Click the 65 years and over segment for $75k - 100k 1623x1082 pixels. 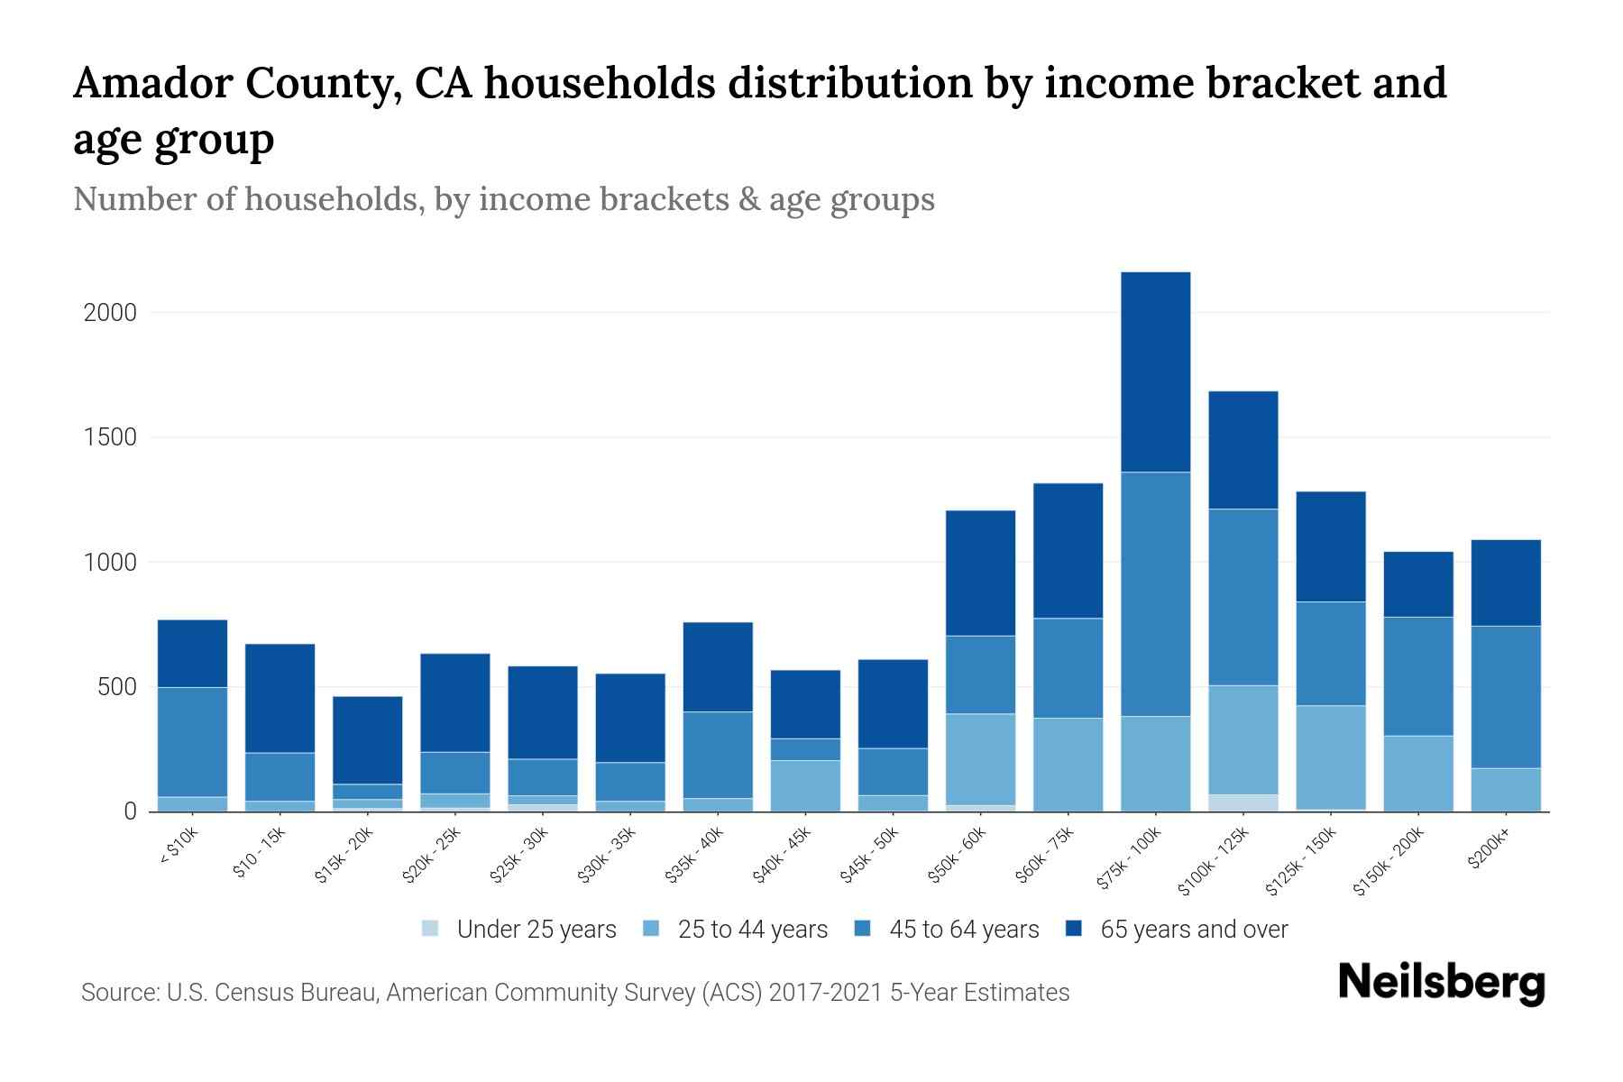pos(1155,371)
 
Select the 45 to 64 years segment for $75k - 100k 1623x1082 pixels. pos(1155,593)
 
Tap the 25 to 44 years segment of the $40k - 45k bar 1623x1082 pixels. pos(805,785)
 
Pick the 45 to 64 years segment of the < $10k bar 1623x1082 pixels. pos(192,741)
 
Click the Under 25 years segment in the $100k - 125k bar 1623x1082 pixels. pos(1242,802)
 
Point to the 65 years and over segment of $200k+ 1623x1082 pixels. pos(1505,582)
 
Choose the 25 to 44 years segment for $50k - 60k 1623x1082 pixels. pos(980,759)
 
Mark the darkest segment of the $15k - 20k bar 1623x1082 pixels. pos(367,739)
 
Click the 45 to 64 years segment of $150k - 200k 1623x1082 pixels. pos(1417,676)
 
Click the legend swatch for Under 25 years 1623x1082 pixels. pos(431,929)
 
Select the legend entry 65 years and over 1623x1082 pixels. pos(1193,929)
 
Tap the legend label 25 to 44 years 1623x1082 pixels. pos(752,929)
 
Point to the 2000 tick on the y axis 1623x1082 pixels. pos(109,313)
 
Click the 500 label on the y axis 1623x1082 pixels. pos(117,687)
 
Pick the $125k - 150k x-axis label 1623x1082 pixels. pos(1300,860)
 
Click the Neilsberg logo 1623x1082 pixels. pos(1441,983)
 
